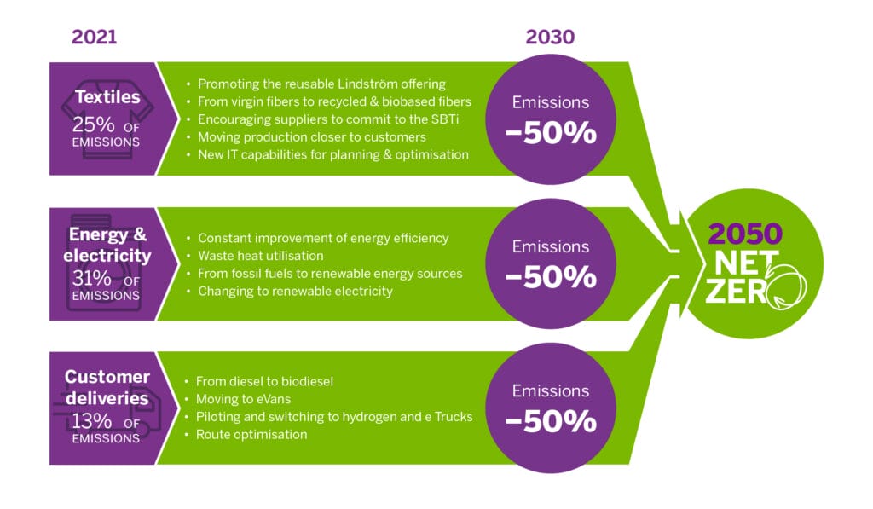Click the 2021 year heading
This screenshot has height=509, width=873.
[95, 37]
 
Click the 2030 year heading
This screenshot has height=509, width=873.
[550, 37]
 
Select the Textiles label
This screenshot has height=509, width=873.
[107, 97]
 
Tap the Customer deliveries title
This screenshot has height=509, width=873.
[107, 387]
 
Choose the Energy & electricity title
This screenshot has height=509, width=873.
[107, 244]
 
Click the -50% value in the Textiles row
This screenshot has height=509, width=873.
[550, 135]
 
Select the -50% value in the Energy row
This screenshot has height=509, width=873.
[550, 278]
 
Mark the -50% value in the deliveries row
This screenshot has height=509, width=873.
[550, 421]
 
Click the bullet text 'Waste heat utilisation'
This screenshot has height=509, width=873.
[261, 256]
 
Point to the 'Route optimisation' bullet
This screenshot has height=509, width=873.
[251, 435]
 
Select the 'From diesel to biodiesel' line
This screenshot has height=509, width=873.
[264, 382]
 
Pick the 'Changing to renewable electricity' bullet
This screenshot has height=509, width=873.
[295, 292]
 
